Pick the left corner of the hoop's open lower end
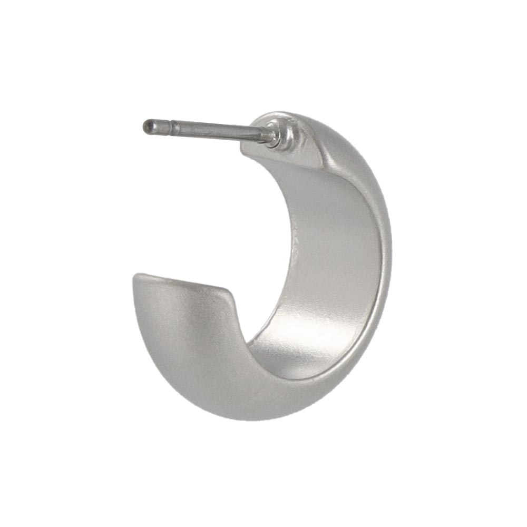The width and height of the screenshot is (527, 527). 135,276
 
